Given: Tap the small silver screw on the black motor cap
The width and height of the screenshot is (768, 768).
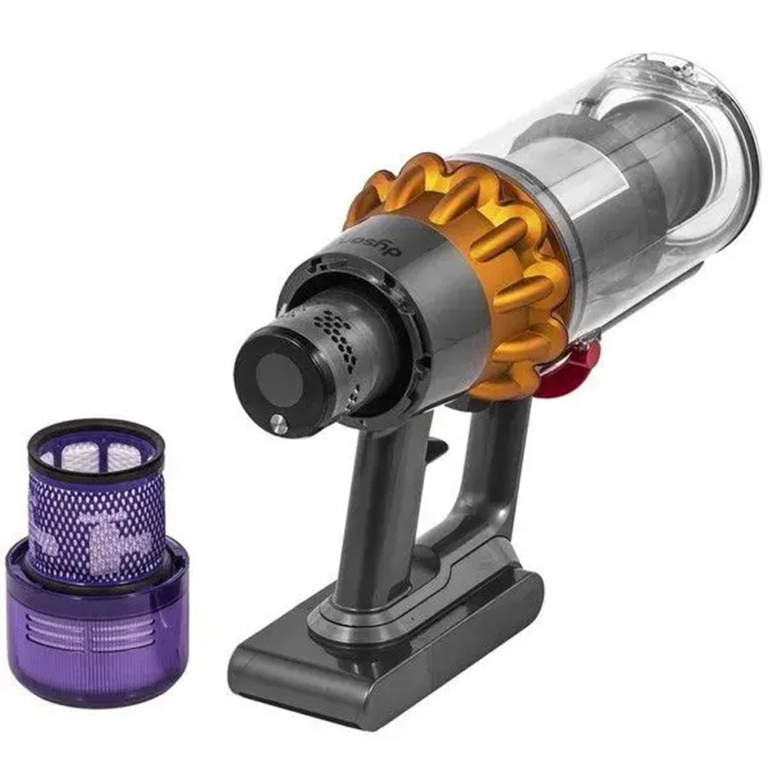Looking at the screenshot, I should point(279,423).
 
